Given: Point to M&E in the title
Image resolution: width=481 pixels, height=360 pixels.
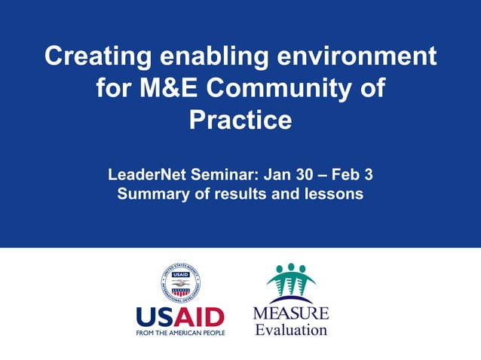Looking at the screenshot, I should point(169,88).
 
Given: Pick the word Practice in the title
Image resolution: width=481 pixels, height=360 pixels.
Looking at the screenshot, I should point(240,120).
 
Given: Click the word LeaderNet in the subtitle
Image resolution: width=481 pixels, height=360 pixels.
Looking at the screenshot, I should point(145,175).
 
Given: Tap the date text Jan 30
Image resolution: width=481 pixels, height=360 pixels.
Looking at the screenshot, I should point(290,175).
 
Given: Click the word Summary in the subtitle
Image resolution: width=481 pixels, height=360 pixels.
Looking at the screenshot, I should point(150,194).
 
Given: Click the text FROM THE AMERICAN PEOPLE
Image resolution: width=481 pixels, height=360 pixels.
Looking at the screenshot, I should point(179,331).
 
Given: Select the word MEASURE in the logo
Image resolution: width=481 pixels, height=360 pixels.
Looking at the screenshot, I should point(290,313).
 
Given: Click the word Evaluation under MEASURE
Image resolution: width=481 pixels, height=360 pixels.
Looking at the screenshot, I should point(290,329).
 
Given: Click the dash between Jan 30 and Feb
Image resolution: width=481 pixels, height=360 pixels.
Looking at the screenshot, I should point(321,175).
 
